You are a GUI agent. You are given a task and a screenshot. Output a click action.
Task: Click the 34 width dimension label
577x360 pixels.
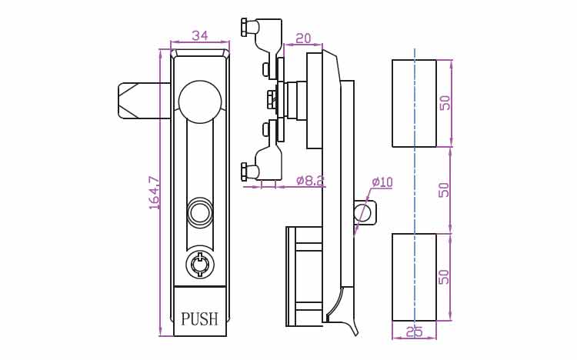pyautogui.click(x=200, y=35)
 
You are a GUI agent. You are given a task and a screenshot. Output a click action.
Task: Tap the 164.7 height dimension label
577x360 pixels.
pyautogui.click(x=155, y=193)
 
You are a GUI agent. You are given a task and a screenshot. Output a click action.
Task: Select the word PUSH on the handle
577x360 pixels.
pyautogui.click(x=199, y=318)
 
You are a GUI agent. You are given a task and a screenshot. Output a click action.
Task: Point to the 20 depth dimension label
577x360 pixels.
pyautogui.click(x=303, y=38)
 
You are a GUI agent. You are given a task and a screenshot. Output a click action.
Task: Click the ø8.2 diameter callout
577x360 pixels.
pyautogui.click(x=310, y=180)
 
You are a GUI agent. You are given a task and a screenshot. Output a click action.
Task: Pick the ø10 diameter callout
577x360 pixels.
pyautogui.click(x=382, y=182)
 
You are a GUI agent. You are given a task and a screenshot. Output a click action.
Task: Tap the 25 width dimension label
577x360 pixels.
pyautogui.click(x=415, y=332)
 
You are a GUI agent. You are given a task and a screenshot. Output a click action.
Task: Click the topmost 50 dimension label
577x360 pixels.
pyautogui.click(x=445, y=103)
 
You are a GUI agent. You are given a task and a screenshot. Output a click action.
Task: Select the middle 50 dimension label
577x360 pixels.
pyautogui.click(x=445, y=189)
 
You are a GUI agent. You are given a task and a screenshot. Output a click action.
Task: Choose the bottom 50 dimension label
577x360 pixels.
pyautogui.click(x=445, y=277)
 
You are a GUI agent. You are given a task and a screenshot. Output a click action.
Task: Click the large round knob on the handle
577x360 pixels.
pyautogui.click(x=200, y=102)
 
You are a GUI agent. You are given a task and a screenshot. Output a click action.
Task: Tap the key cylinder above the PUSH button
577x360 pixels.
pyautogui.click(x=199, y=265)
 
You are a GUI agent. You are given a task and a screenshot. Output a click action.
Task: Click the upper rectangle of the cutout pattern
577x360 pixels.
pyautogui.click(x=415, y=103)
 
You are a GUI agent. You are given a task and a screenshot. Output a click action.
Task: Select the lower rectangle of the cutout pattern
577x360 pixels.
pyautogui.click(x=415, y=277)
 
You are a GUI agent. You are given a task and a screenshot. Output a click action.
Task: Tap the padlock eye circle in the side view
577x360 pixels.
pyautogui.click(x=362, y=213)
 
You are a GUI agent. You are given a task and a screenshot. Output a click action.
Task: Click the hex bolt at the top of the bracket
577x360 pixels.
pyautogui.click(x=245, y=27)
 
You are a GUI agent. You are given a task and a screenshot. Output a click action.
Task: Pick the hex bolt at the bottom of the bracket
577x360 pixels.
pyautogui.click(x=245, y=172)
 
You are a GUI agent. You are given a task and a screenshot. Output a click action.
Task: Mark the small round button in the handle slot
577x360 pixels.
pyautogui.click(x=199, y=212)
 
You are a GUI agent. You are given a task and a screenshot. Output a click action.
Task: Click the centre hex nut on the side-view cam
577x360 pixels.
pyautogui.click(x=272, y=99)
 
